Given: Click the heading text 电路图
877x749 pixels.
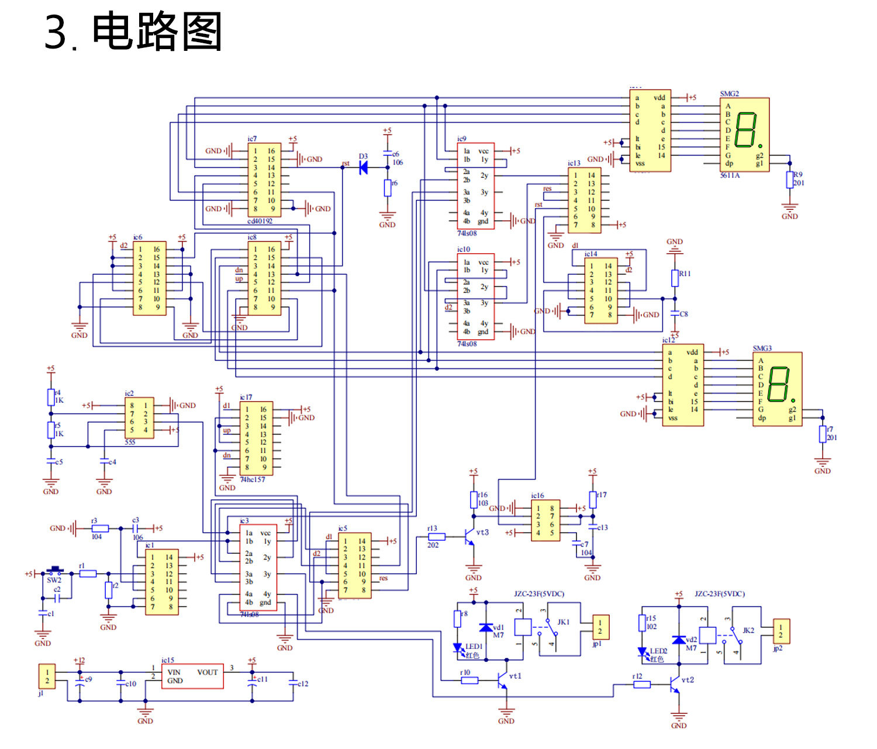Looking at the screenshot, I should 157,32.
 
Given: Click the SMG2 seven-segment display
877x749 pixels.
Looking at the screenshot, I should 744,134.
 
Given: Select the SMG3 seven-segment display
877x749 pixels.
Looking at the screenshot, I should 777,389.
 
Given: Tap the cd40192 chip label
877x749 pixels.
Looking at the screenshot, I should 260,221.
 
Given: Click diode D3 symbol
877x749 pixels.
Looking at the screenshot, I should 363,168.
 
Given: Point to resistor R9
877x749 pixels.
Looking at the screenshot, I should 790,180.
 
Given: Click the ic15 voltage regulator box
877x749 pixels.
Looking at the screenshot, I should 192,676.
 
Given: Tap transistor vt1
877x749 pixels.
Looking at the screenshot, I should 502,680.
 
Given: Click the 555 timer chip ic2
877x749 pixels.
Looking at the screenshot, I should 139,417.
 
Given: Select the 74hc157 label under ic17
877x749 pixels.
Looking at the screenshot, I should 252,479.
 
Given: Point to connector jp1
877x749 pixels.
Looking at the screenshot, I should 600,627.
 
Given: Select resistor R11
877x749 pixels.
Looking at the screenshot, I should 675,278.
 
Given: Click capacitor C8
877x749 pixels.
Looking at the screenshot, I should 675,314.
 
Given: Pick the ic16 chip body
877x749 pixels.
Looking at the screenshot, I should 545,520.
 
